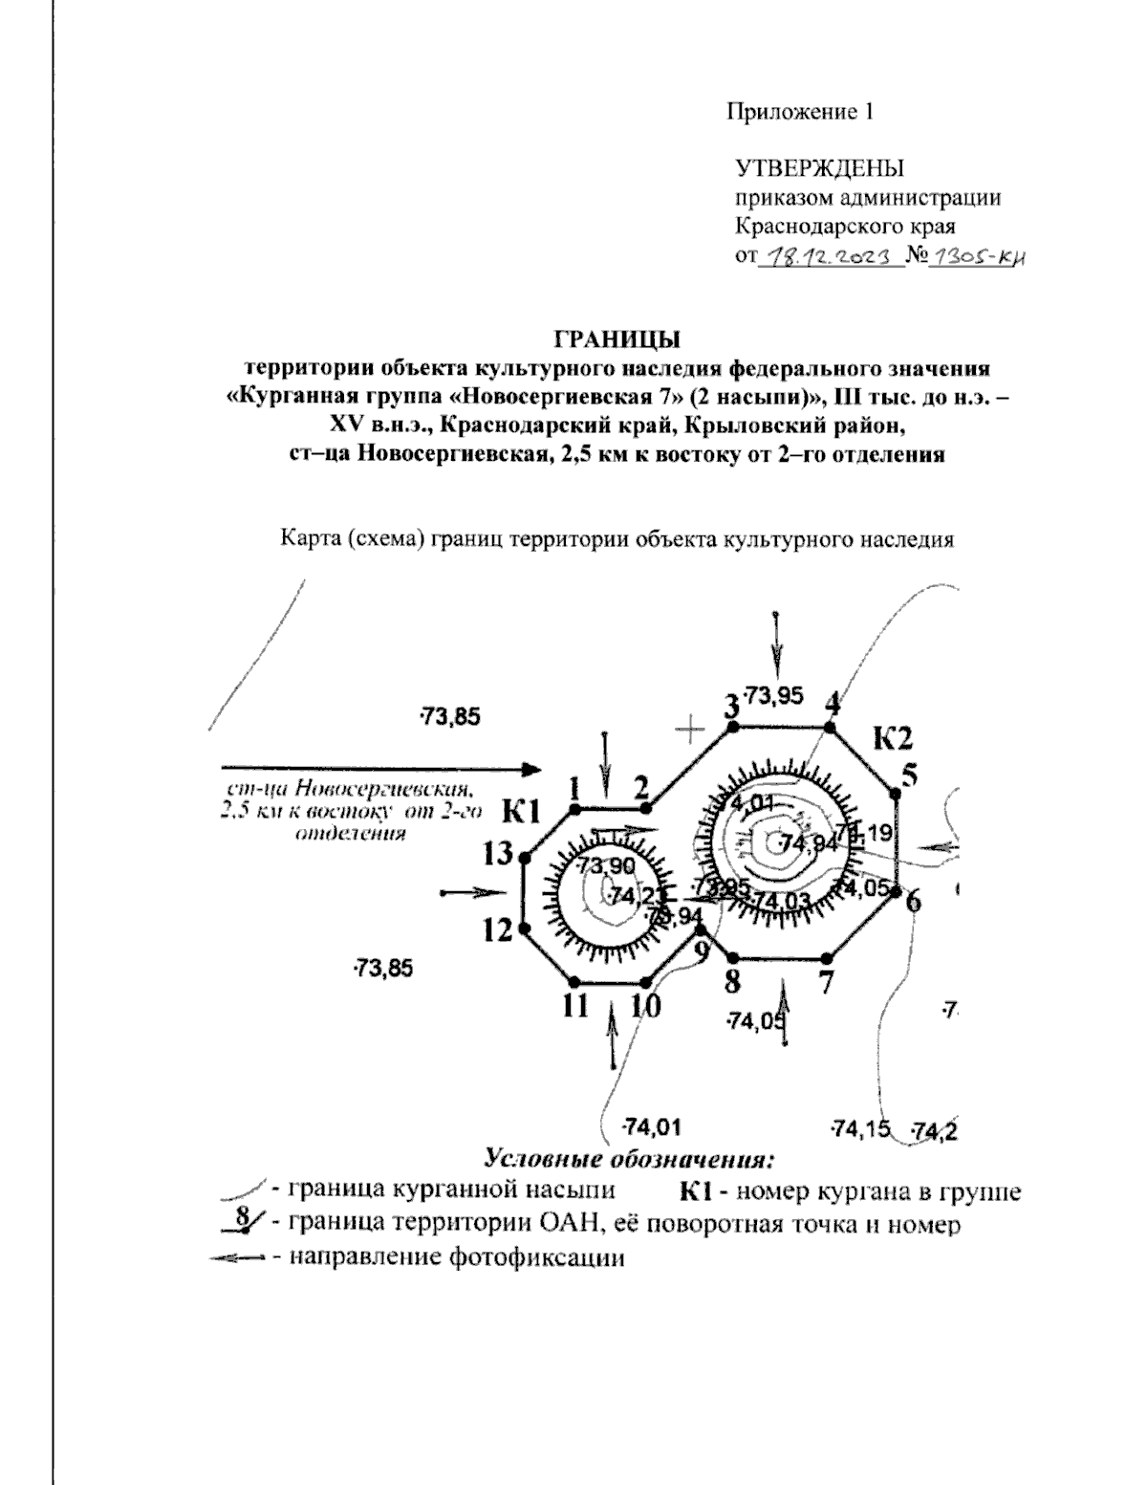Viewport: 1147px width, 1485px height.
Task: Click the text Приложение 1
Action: [801, 112]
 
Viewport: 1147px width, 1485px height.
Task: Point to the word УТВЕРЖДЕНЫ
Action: [819, 170]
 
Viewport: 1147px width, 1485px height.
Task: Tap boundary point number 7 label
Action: [826, 980]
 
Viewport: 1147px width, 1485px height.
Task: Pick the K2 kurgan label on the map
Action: [893, 737]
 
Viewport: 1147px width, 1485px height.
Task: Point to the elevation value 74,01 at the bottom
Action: [651, 1125]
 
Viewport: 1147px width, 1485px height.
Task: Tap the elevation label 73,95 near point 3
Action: [773, 695]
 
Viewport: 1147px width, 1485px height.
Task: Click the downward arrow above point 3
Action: [777, 645]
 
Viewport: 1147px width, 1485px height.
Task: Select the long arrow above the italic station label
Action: [380, 768]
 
